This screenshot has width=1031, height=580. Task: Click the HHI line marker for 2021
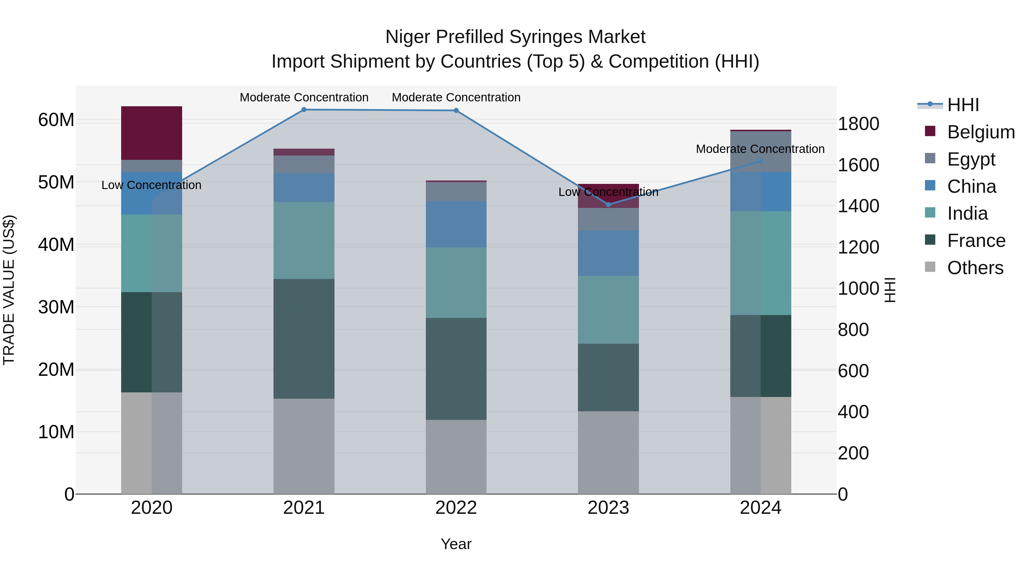[304, 110]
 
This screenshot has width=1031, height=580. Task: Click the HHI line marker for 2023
[608, 205]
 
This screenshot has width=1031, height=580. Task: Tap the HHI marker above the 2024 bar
[760, 161]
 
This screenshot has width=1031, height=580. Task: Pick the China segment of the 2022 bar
[456, 224]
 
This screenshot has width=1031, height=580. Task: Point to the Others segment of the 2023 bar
[608, 452]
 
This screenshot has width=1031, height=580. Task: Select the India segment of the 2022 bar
[456, 283]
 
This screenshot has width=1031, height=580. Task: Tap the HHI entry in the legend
[963, 105]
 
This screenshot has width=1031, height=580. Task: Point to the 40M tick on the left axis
[56, 245]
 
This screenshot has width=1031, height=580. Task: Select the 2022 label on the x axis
[456, 508]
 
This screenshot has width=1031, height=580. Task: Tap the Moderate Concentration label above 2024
[760, 149]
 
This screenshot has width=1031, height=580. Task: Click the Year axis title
[456, 544]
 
